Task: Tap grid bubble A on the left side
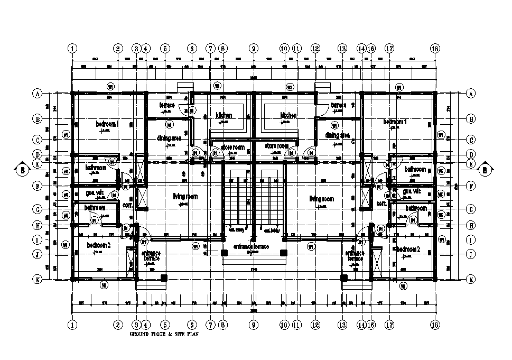coord(38,94)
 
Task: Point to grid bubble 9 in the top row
coord(254,48)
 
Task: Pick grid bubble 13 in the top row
coord(342,48)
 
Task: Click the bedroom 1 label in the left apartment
coord(107,124)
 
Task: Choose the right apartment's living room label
coord(322,199)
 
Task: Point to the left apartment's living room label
coord(185,197)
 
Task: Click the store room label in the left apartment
coord(232,147)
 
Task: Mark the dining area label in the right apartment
coord(338,135)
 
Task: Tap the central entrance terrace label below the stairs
coord(251,247)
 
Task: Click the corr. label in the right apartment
coord(381,203)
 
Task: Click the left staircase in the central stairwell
coord(239,201)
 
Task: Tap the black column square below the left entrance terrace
coord(164,278)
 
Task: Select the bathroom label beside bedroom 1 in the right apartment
coord(416,169)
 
